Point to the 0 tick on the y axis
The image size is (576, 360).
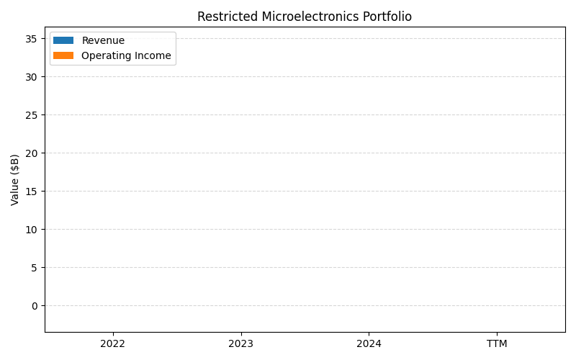(x=35, y=306)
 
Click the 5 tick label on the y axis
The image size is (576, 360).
(x=35, y=268)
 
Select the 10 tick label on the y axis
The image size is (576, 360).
(x=32, y=230)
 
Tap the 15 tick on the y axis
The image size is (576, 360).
(x=32, y=192)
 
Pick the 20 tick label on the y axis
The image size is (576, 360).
(x=32, y=153)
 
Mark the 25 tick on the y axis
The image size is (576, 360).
(x=32, y=115)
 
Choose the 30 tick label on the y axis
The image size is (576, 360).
(x=32, y=77)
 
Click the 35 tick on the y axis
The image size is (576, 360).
(x=32, y=39)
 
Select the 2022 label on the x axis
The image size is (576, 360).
(x=113, y=344)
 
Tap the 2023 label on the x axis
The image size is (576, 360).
(x=240, y=344)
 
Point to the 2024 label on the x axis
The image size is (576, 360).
(x=369, y=344)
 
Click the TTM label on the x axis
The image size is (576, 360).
(x=497, y=344)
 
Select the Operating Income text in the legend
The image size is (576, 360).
(x=126, y=55)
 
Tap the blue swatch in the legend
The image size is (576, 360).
(x=63, y=40)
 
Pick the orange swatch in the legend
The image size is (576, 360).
(x=63, y=55)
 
